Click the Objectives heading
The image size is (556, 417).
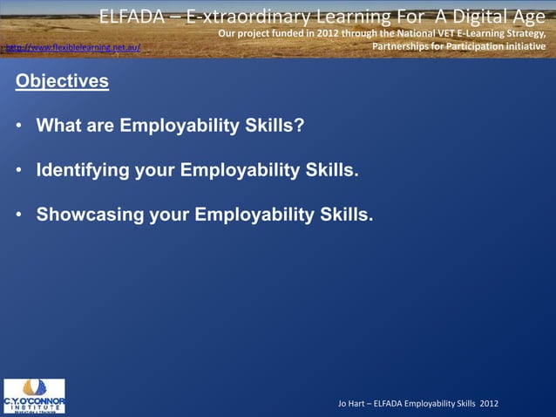click(61, 82)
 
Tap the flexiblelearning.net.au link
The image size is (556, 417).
click(72, 46)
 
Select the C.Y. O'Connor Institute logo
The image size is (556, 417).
click(34, 395)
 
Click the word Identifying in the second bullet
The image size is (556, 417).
click(83, 169)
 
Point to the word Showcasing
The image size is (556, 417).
click(90, 214)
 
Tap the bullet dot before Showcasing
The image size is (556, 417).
click(18, 214)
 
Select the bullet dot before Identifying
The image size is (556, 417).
click(18, 169)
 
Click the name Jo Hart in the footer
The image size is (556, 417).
click(353, 402)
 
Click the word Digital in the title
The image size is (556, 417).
click(458, 16)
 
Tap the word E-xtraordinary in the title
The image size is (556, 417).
click(244, 16)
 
